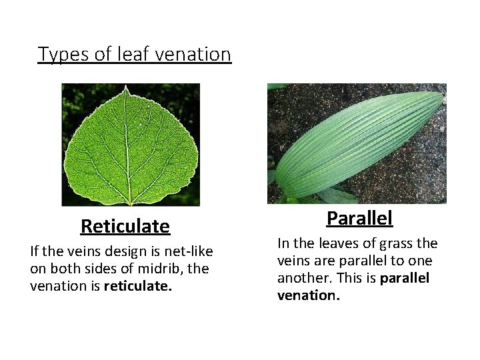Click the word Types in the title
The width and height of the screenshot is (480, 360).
click(57, 54)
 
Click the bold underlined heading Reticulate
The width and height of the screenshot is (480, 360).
click(125, 227)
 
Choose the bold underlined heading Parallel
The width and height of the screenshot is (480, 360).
click(359, 218)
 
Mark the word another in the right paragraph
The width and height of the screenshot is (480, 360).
click(303, 277)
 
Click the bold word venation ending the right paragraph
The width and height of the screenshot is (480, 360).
click(308, 294)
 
